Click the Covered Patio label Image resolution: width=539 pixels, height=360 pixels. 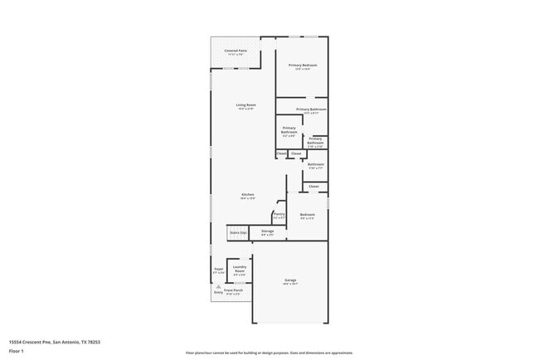[236, 51]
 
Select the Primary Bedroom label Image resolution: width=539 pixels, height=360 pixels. [303, 66]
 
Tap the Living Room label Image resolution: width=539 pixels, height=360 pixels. [245, 105]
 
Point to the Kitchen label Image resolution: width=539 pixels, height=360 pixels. [246, 195]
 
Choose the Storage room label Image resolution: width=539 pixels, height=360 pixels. [267, 231]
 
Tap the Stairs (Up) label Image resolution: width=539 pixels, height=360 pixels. [239, 233]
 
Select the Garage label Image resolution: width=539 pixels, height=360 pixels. [290, 280]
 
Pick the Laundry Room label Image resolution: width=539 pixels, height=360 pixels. [239, 269]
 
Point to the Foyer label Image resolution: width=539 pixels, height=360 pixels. [219, 269]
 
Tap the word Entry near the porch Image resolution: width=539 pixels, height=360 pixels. [218, 292]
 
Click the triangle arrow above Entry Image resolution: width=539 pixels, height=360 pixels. [218, 287]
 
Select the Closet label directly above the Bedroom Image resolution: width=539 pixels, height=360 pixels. [313, 187]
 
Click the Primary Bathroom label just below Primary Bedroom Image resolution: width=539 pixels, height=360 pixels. [311, 109]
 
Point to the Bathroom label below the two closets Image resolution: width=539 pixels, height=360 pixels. [315, 164]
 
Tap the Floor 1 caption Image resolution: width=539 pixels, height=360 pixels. [16, 351]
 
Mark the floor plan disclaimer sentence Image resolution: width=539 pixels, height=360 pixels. [269, 353]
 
